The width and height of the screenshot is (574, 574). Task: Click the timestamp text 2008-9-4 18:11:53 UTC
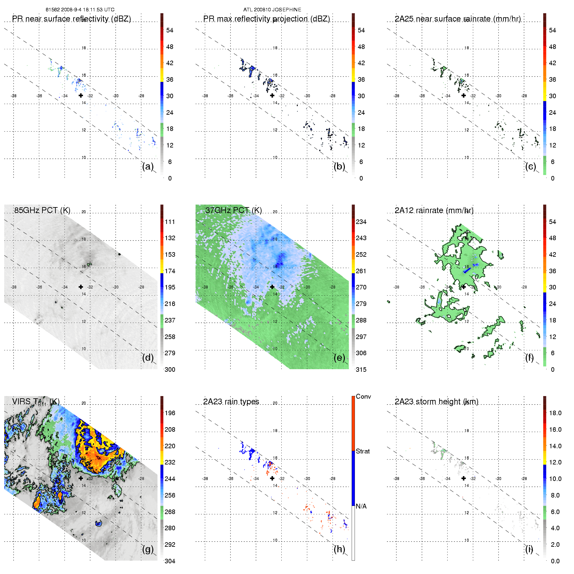[88, 10]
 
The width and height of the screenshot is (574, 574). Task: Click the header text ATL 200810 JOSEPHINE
[272, 10]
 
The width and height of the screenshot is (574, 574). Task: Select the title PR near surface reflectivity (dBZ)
[71, 19]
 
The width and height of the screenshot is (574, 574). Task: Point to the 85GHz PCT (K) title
[42, 210]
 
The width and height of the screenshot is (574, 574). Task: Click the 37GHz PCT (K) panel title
[233, 210]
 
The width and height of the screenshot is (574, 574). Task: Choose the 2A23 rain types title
[231, 402]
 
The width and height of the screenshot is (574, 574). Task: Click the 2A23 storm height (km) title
[436, 402]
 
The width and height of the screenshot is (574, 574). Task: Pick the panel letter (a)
[148, 167]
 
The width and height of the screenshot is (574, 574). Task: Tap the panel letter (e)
[339, 358]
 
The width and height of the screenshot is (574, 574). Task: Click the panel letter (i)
[529, 549]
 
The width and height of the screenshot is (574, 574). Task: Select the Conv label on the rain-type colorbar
[363, 396]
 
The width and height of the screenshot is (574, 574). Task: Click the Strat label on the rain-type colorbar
[363, 451]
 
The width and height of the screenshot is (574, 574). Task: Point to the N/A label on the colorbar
[361, 506]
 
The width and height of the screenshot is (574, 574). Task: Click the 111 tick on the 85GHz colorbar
[170, 222]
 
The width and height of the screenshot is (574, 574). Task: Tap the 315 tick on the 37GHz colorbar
[361, 370]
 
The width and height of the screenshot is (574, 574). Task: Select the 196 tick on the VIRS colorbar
[170, 413]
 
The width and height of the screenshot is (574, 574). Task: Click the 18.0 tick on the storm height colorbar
[555, 413]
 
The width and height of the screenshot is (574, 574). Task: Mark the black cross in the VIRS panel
[81, 478]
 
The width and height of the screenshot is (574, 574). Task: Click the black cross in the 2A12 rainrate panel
[463, 287]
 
